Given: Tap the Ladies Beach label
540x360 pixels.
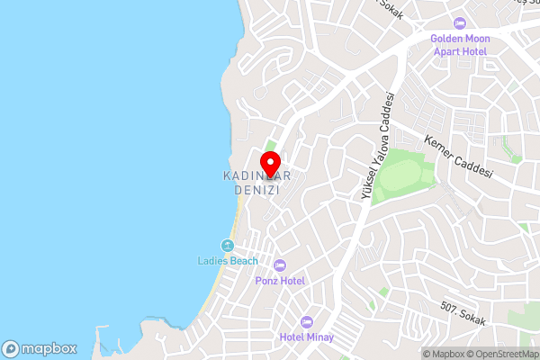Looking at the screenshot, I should coord(228,261).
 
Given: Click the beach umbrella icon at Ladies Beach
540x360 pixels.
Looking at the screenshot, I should coord(228,245).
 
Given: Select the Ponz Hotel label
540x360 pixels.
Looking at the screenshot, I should coord(279,281).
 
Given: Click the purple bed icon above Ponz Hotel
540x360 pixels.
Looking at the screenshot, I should coord(279,265).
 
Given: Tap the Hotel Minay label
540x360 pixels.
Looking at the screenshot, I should coord(306,337).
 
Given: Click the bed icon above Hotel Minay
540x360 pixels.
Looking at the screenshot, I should coord(306,321).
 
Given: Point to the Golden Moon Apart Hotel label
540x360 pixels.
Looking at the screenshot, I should coord(459,46).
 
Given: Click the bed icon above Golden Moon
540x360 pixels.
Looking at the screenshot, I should coord(460,23).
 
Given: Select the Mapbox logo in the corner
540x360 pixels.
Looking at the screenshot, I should coord(40,347).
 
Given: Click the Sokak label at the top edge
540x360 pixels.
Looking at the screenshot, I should coord(390,7).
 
